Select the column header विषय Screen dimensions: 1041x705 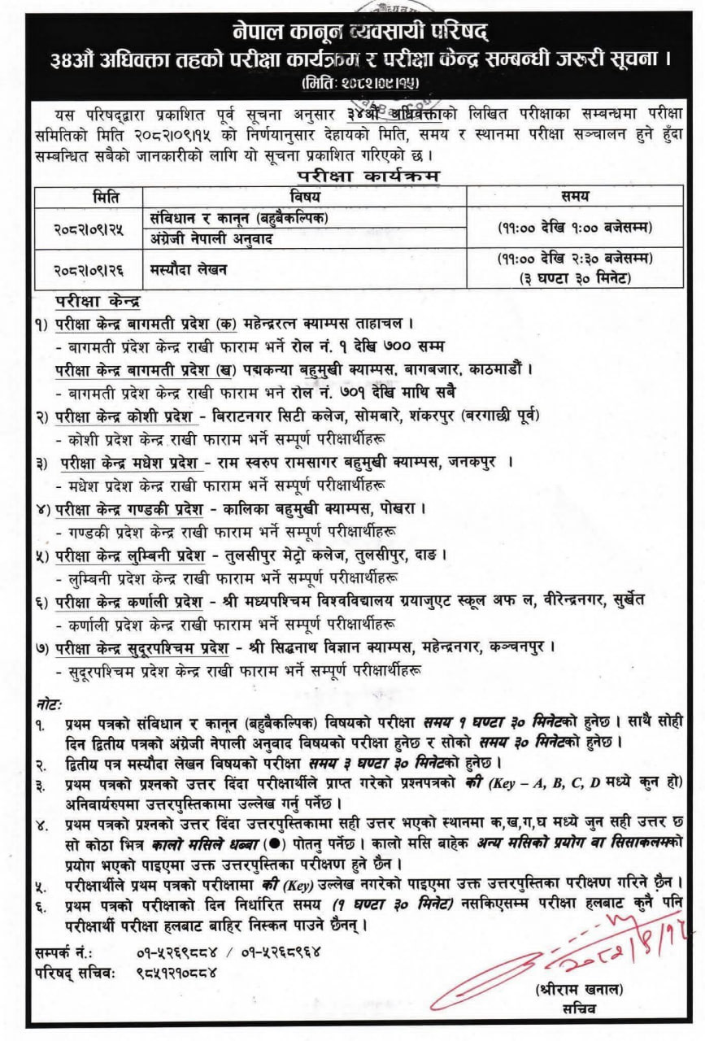304,195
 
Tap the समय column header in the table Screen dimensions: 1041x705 575,195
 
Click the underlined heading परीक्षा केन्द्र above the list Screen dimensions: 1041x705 98,301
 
